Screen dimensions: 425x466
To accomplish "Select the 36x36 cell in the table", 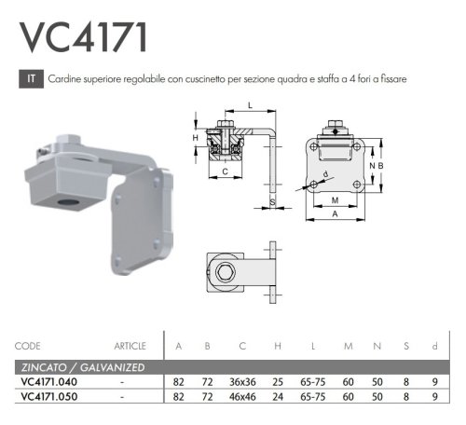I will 241,382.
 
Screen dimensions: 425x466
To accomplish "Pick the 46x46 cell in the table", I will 241,397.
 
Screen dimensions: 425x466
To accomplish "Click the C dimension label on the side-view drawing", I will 225,172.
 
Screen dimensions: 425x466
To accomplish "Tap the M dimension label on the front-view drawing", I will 335,199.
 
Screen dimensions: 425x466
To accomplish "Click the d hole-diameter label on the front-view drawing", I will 324,172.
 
